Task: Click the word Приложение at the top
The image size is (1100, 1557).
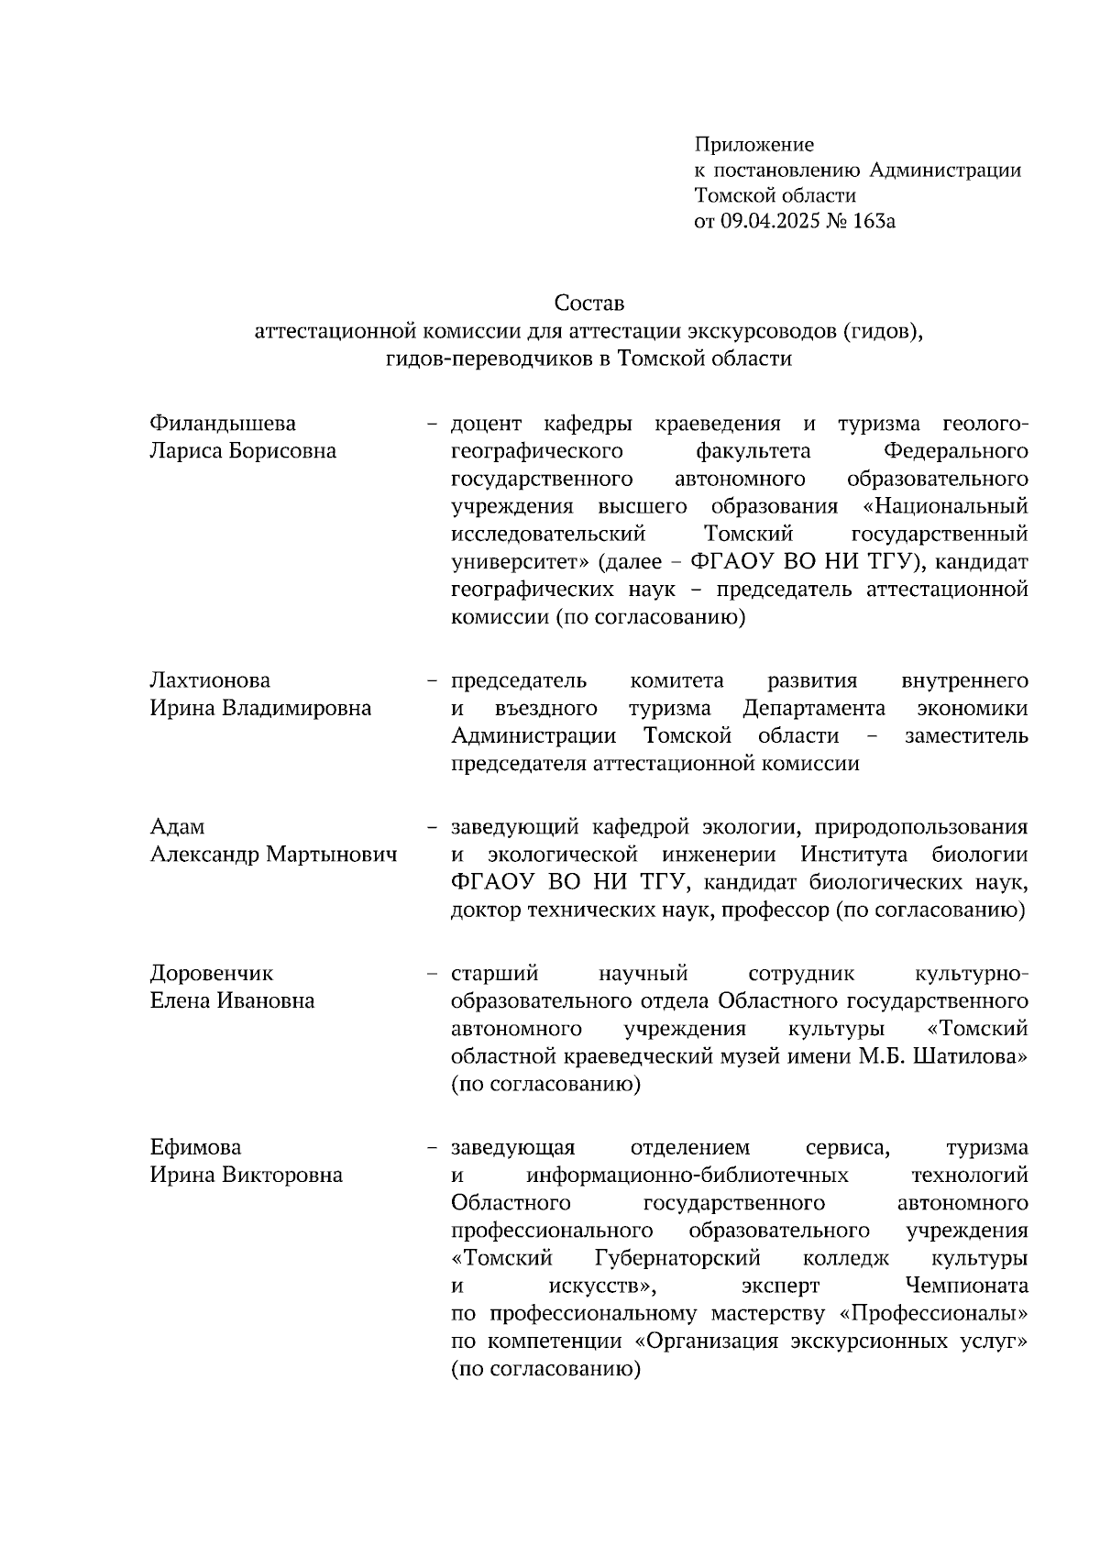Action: [754, 145]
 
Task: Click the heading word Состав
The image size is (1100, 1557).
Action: [588, 303]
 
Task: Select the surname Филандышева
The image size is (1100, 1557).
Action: [223, 424]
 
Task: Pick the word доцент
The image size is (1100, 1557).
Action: [486, 424]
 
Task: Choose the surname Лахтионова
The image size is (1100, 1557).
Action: [210, 680]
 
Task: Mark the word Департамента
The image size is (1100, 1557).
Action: [814, 708]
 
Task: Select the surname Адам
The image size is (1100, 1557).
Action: [177, 827]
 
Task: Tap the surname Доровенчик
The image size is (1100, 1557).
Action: [212, 973]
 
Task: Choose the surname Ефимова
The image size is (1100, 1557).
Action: [195, 1148]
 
